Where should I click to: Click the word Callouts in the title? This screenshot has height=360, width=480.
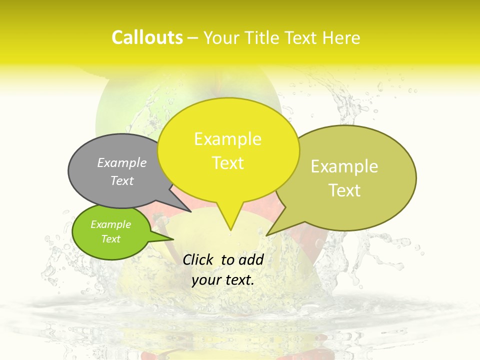tap(147, 37)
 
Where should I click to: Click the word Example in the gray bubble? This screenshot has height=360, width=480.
tap(122, 163)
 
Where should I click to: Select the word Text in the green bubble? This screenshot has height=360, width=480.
tap(111, 239)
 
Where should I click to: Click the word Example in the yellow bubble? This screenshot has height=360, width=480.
tap(227, 139)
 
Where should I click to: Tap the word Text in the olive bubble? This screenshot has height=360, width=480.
tap(345, 190)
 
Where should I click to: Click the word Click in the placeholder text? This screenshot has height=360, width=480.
tap(199, 259)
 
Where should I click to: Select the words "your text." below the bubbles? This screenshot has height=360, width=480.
tap(222, 280)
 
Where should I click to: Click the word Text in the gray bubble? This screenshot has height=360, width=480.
tap(122, 181)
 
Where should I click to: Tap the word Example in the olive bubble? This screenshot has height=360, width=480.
tap(344, 166)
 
